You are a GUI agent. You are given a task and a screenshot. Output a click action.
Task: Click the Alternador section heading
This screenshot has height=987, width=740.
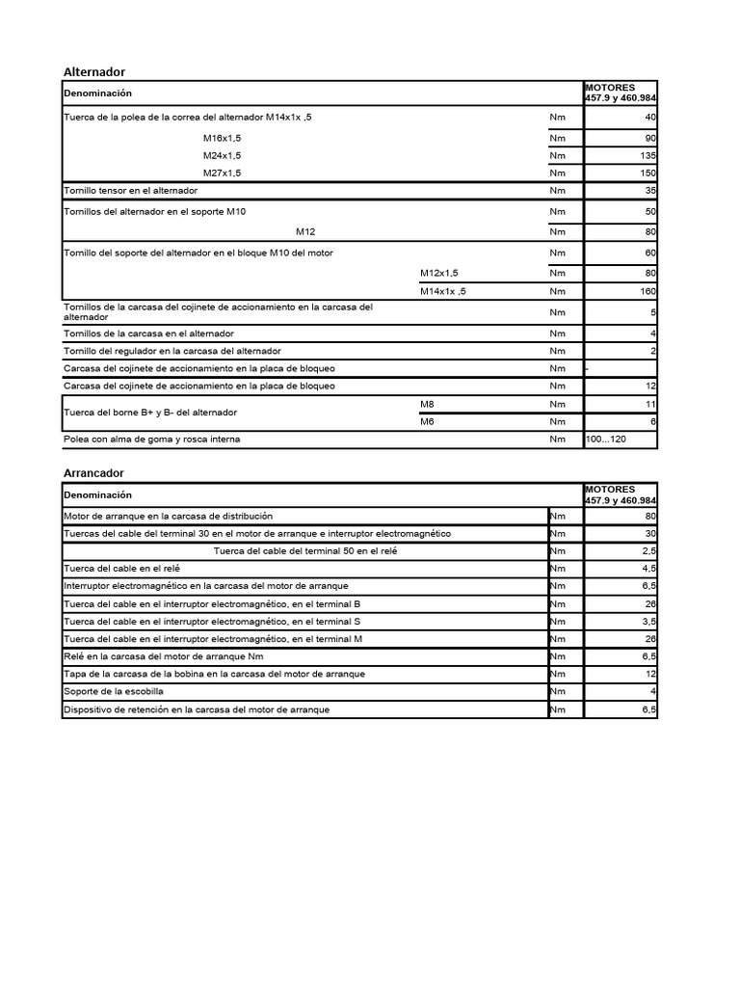point(93,72)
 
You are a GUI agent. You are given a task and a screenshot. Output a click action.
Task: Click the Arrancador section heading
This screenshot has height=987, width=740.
point(93,473)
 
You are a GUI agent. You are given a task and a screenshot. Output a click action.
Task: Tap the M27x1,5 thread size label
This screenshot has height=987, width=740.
point(222,173)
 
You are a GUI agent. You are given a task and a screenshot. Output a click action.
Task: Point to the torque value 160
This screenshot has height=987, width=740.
point(647,291)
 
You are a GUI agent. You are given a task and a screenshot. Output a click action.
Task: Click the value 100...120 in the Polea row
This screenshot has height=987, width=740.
point(606,439)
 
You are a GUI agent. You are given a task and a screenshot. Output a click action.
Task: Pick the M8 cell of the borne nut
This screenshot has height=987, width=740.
point(428,404)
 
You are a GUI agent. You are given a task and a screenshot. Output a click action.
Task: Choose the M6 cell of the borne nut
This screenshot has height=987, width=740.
point(428,421)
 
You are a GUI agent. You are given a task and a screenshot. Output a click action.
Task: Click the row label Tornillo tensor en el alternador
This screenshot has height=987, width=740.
point(130,191)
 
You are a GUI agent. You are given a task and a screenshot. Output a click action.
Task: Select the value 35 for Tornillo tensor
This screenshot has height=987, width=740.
point(650,191)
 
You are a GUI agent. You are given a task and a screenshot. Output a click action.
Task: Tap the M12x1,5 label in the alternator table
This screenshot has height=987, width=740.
point(439,273)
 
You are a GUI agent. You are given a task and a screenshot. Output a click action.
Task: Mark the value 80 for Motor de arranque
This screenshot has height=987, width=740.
point(650,516)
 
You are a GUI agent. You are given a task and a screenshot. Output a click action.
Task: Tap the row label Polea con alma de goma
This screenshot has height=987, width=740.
point(151,439)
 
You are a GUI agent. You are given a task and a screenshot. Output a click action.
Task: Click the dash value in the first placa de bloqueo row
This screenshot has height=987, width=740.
point(588,369)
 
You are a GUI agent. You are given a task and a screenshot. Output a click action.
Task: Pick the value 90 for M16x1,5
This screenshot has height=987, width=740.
point(650,138)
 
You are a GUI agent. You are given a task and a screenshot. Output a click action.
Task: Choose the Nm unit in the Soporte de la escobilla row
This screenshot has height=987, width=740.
point(558,691)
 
